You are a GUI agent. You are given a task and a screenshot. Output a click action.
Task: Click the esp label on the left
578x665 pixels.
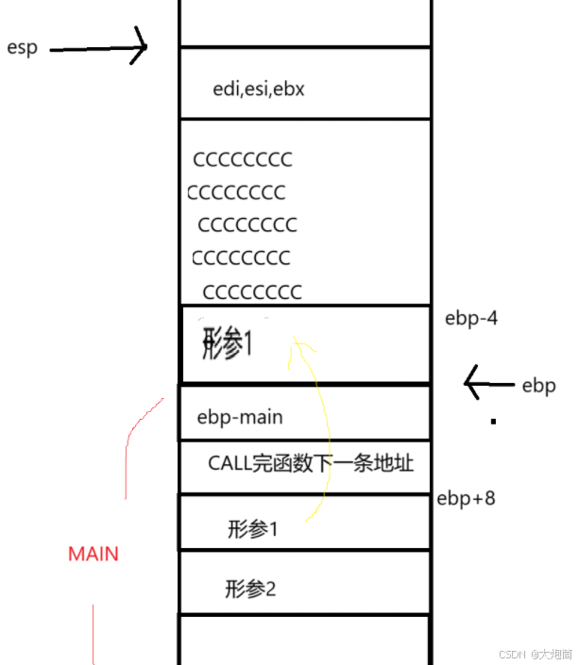click(x=22, y=48)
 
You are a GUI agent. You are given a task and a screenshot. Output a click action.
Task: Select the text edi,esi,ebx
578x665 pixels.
click(x=259, y=90)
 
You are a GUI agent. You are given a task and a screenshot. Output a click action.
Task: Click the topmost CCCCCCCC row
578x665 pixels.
click(x=243, y=159)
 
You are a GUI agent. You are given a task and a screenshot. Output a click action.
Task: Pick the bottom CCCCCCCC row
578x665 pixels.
click(x=252, y=291)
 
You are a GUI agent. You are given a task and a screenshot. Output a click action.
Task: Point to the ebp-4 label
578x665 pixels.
click(x=471, y=318)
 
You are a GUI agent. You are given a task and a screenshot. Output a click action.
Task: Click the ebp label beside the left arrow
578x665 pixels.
click(x=538, y=386)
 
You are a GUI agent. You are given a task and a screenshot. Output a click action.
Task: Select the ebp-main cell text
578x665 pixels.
click(x=240, y=417)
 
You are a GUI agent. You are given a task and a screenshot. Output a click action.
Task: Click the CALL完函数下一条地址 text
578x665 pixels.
click(x=311, y=464)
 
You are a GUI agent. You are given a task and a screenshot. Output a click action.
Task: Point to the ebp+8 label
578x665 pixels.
click(x=466, y=498)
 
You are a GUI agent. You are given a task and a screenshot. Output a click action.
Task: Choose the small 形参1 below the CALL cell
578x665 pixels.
click(x=253, y=529)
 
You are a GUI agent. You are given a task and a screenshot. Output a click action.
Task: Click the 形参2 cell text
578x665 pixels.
click(x=251, y=590)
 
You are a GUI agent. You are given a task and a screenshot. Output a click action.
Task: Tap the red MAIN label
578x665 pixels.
click(x=93, y=554)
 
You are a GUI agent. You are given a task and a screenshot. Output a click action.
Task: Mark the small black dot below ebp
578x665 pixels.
click(x=492, y=423)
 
